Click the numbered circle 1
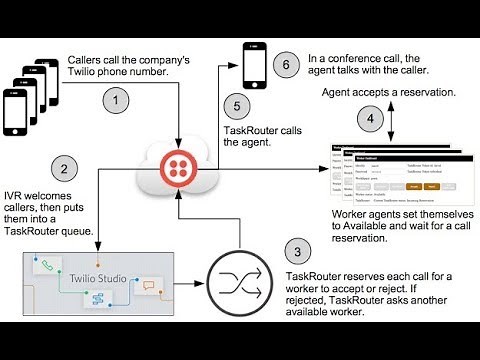(x=118, y=101)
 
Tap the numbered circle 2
(x=64, y=170)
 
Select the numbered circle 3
(x=294, y=251)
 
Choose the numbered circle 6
(x=286, y=65)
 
